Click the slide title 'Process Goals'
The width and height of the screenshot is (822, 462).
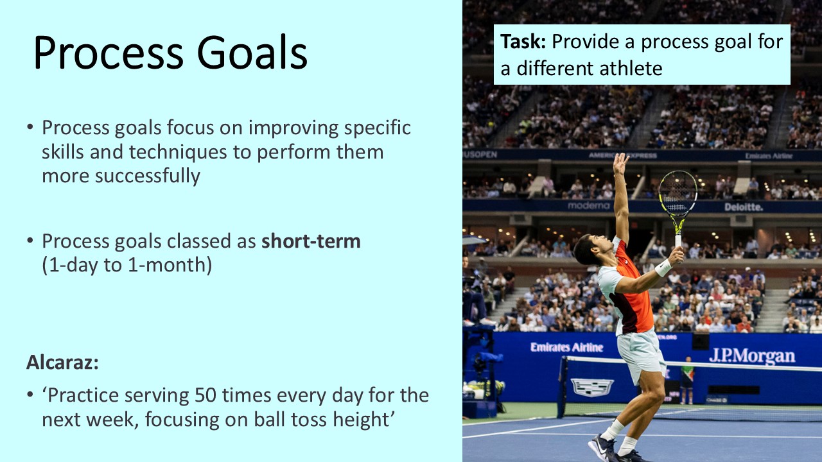pyautogui.click(x=170, y=53)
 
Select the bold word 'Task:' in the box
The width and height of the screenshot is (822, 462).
pyautogui.click(x=523, y=42)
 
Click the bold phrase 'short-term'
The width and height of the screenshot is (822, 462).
pyautogui.click(x=311, y=241)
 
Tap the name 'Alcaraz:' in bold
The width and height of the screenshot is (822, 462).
pyautogui.click(x=62, y=363)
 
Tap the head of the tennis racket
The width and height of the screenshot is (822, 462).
pyautogui.click(x=678, y=193)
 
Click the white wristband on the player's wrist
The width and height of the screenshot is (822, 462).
pyautogui.click(x=663, y=267)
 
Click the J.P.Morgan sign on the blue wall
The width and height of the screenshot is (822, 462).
pyautogui.click(x=751, y=355)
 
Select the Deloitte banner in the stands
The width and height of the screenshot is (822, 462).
pyautogui.click(x=744, y=207)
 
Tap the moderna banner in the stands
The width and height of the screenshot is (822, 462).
pyautogui.click(x=588, y=206)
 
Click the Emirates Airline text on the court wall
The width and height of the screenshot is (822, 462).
pyautogui.click(x=566, y=347)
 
